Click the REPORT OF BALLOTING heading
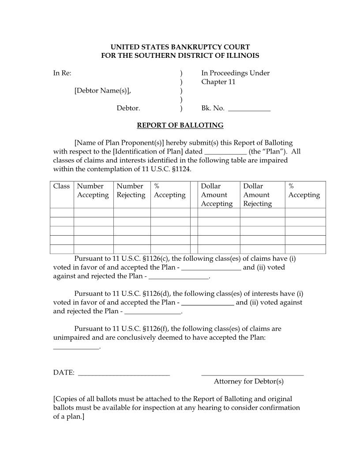click(x=180, y=125)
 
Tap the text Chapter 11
click(x=218, y=82)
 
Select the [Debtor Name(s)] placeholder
click(x=102, y=90)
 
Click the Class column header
click(x=61, y=186)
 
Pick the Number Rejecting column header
click(x=131, y=191)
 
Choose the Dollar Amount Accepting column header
click(x=217, y=195)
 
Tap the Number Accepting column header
click(x=93, y=191)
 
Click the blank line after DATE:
click(x=124, y=373)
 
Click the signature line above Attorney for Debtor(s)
click(x=252, y=373)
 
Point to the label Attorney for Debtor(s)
click(x=249, y=381)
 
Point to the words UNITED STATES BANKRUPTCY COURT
click(x=180, y=47)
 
